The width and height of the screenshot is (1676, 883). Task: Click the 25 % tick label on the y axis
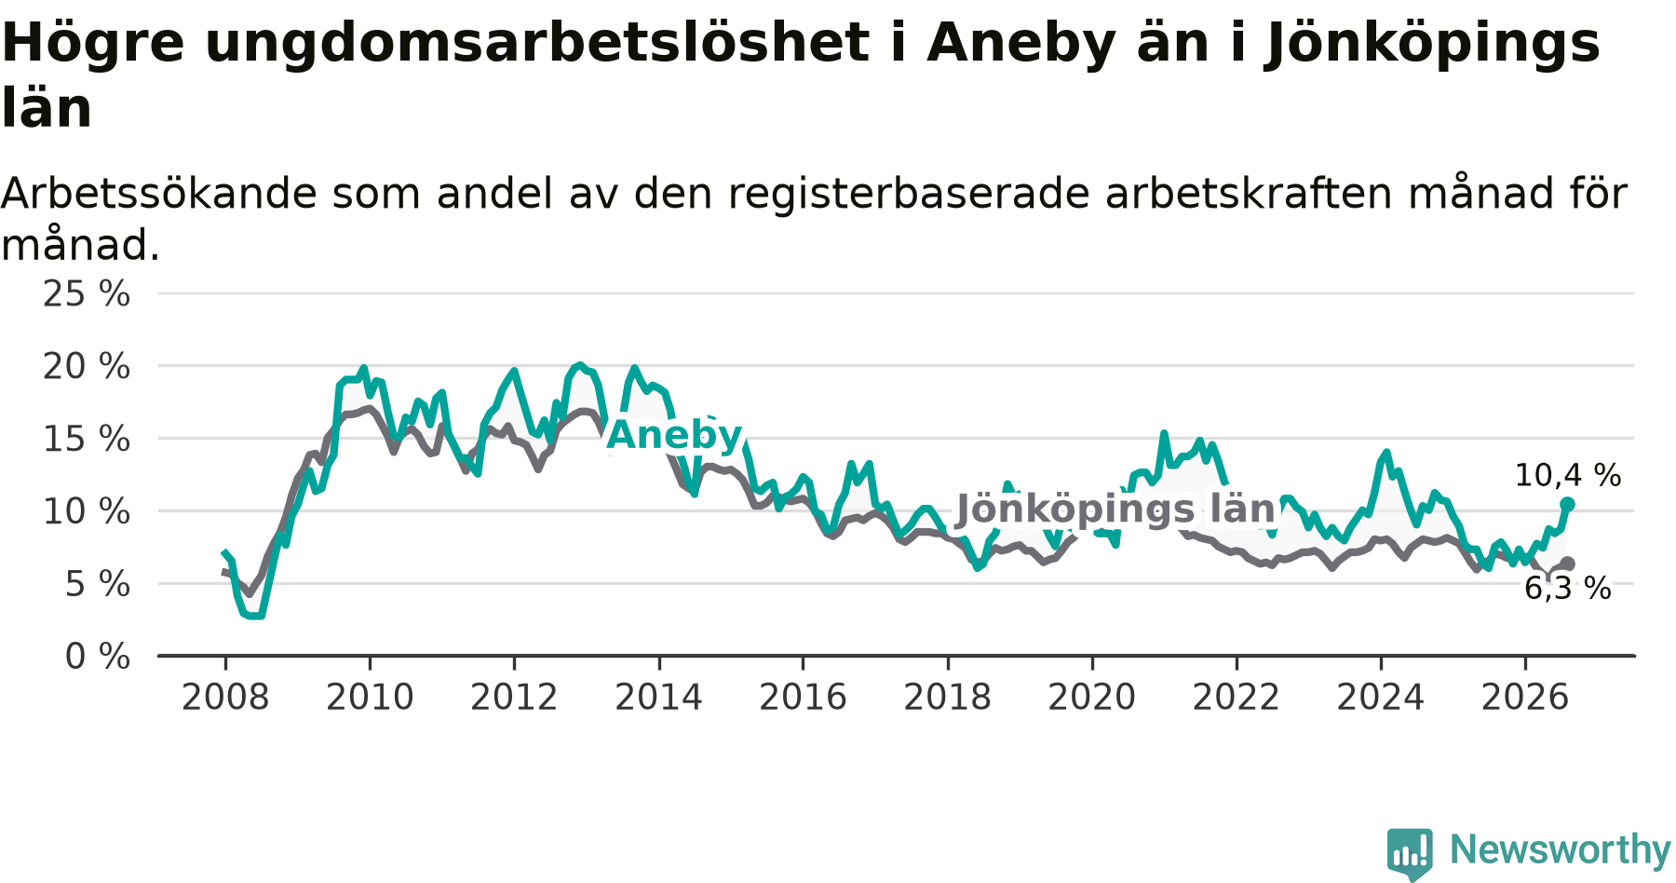click(87, 294)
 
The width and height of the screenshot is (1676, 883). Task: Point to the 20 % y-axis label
click(87, 367)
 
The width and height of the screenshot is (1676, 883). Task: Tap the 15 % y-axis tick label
click(87, 440)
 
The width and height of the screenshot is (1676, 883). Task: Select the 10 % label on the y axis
click(87, 512)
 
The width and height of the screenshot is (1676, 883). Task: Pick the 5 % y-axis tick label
click(98, 585)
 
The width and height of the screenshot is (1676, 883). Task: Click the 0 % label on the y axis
click(98, 658)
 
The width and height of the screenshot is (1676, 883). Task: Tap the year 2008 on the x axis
click(225, 698)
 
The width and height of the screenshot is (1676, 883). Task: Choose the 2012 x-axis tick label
click(514, 698)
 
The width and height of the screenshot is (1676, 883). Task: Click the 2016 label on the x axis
click(803, 698)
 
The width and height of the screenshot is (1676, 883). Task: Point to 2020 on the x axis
click(1092, 698)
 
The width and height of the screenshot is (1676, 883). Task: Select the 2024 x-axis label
click(1381, 698)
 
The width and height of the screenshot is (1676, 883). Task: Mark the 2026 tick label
click(1525, 698)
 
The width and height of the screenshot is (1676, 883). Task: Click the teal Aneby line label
click(675, 435)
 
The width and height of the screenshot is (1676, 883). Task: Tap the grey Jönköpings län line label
click(1115, 509)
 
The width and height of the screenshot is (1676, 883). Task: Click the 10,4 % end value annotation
click(1568, 476)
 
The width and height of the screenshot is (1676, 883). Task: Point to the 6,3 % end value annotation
click(1568, 589)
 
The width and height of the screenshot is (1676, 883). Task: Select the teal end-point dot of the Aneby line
click(1567, 504)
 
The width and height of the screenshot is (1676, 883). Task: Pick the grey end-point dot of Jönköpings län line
click(1568, 564)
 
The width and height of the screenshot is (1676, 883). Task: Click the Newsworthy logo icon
click(1410, 853)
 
